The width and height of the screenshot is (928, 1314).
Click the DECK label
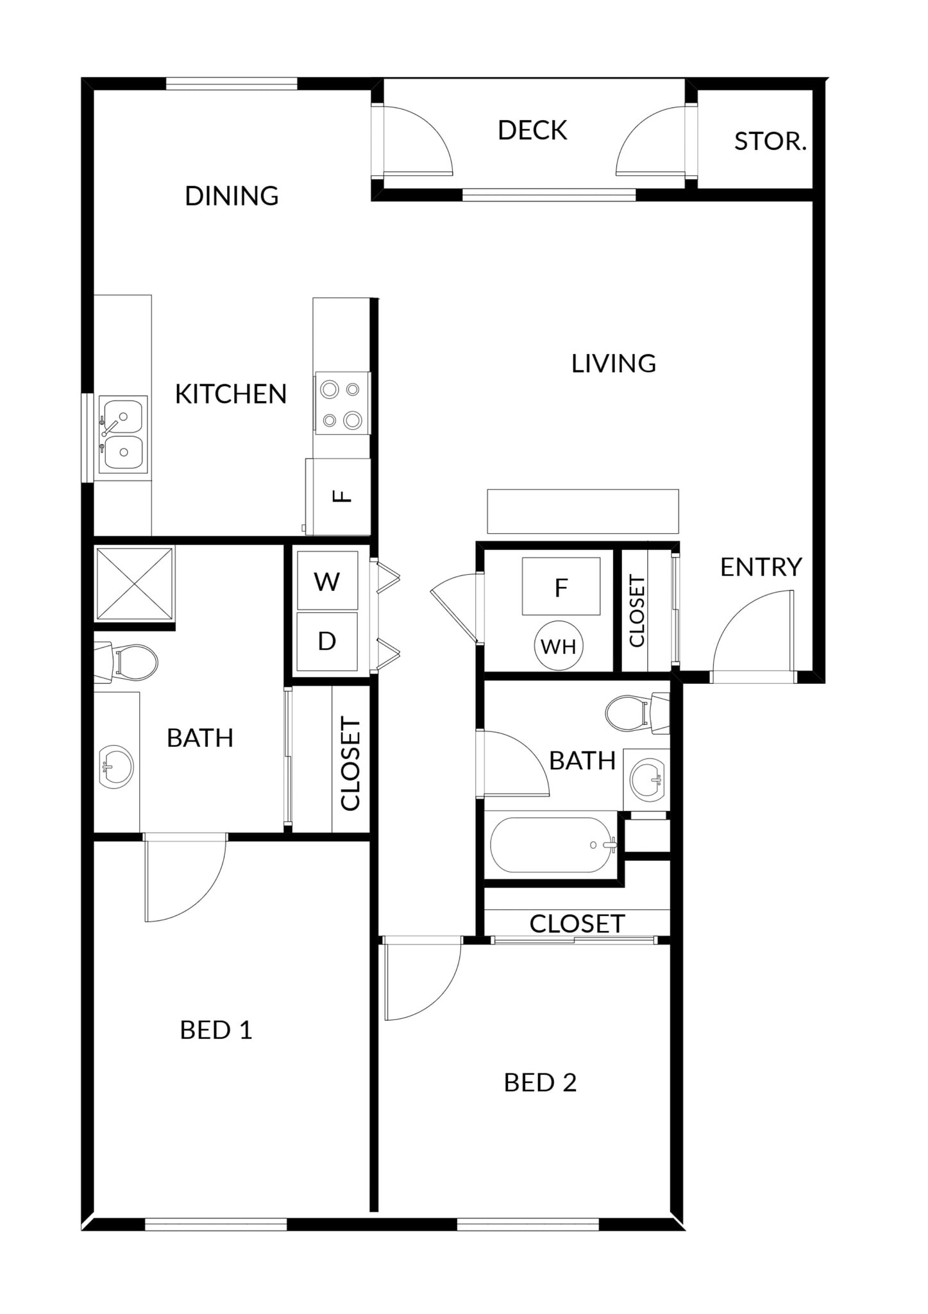tap(532, 130)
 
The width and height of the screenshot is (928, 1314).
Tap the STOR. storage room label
tap(770, 141)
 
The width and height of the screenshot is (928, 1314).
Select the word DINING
tap(232, 196)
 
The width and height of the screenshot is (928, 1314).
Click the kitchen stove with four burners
tap(341, 404)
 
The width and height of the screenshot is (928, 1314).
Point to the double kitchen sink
tap(122, 434)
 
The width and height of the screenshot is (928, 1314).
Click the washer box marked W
tap(327, 581)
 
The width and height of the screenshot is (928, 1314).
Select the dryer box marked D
tap(327, 641)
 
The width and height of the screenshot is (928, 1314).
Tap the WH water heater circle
tap(559, 646)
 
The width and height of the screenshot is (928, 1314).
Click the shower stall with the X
tap(134, 583)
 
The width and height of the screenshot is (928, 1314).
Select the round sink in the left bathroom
tap(116, 766)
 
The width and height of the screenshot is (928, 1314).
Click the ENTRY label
tap(761, 567)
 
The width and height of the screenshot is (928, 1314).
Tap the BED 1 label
tap(216, 1030)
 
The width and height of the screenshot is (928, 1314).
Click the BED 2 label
tap(540, 1083)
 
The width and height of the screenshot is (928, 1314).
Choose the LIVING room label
tap(614, 364)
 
